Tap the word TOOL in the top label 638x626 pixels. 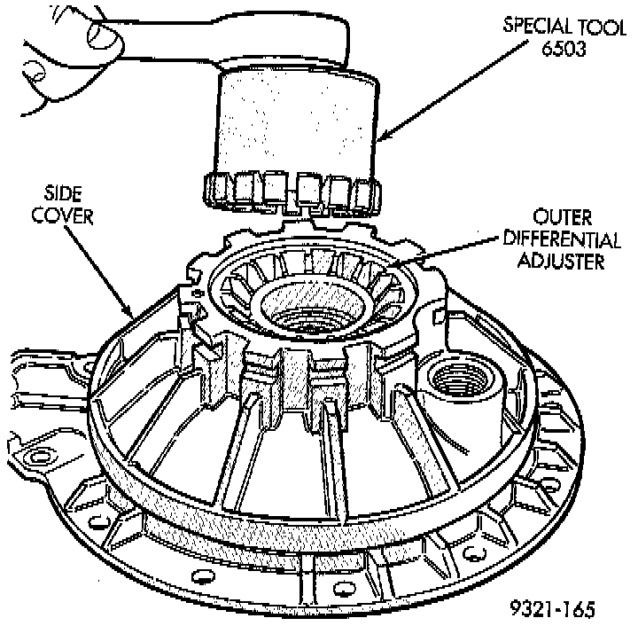coord(603,27)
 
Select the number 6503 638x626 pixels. coord(564,49)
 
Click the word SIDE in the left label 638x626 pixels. coord(63,193)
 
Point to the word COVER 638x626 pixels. coord(62,215)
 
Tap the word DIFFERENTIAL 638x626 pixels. coord(562,239)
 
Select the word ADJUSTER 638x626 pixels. coord(561,261)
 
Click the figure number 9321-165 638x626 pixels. coord(552,609)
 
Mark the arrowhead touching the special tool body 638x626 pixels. coord(385,135)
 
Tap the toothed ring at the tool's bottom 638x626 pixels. coord(292,192)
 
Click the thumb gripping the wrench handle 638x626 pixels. coord(106,39)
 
